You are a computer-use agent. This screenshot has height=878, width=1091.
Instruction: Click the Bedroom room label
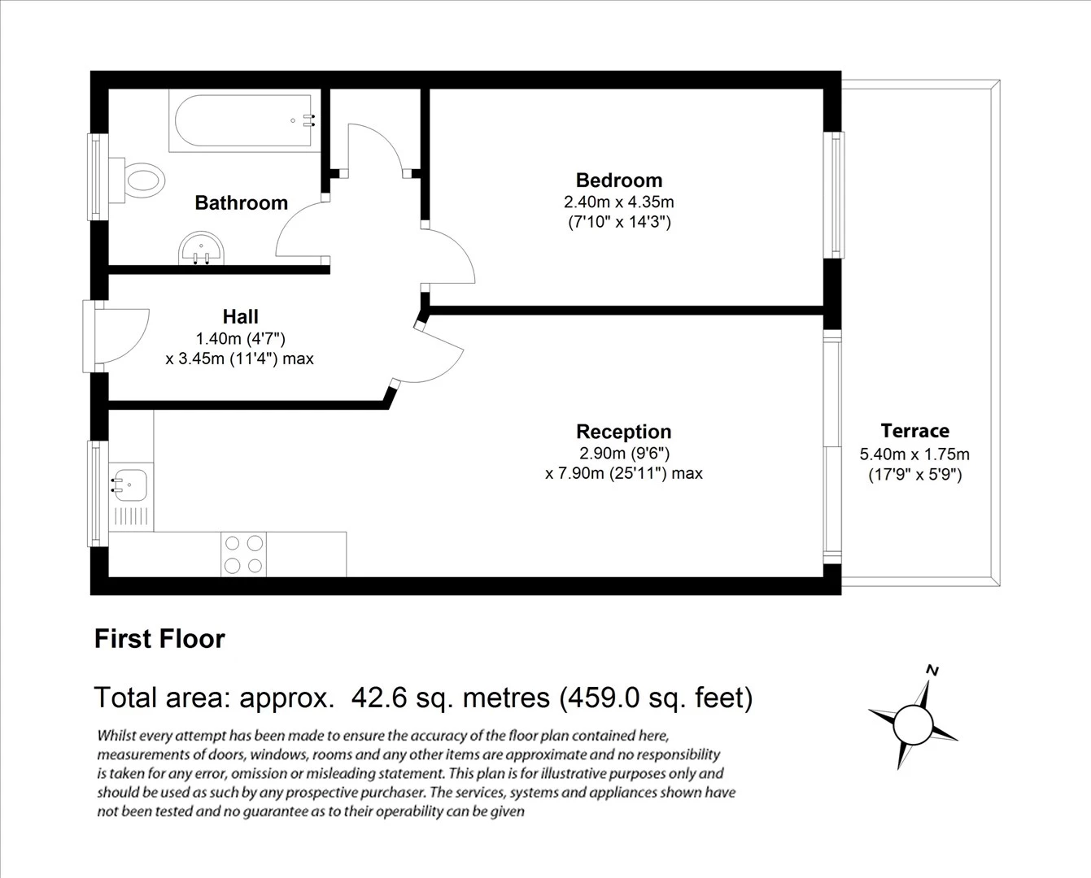click(x=618, y=180)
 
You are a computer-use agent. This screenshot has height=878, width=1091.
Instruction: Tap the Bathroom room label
click(x=241, y=203)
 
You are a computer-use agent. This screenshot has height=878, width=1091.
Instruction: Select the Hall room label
click(x=240, y=317)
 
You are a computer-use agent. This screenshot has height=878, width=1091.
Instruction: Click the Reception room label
click(x=623, y=432)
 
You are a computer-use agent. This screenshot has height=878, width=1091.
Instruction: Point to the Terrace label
click(x=914, y=431)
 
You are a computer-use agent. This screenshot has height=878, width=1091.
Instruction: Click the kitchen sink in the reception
click(x=130, y=485)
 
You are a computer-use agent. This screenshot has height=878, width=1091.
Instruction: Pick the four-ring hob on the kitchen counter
click(x=243, y=554)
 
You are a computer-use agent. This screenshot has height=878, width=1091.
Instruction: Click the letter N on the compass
click(x=933, y=671)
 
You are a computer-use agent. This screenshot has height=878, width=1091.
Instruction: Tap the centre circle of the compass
click(x=912, y=723)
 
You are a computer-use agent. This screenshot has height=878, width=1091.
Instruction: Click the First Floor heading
click(x=159, y=639)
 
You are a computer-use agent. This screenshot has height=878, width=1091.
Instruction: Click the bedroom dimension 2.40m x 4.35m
click(x=618, y=202)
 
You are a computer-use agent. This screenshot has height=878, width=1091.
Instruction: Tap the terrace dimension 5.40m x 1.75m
click(x=914, y=454)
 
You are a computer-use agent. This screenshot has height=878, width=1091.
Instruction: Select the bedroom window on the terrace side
click(x=834, y=195)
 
